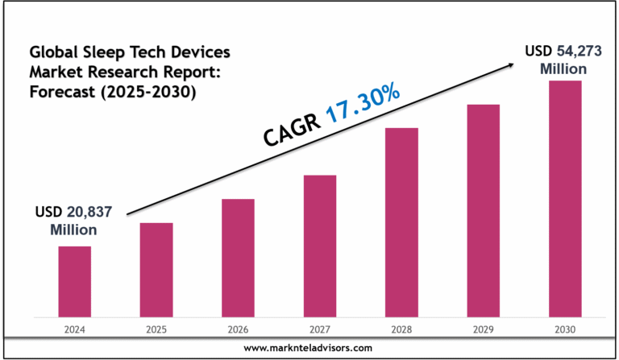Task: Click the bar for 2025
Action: tap(156, 269)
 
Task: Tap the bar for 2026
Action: tap(238, 257)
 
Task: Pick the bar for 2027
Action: tap(320, 245)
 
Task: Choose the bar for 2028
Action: tap(401, 221)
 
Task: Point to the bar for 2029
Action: tap(484, 209)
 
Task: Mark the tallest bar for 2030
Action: tap(565, 197)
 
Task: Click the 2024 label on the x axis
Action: tap(74, 328)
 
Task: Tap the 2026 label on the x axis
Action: tap(238, 328)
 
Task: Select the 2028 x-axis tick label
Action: tap(401, 328)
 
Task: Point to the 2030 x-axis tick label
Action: tap(565, 328)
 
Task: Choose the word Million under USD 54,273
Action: tap(563, 69)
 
